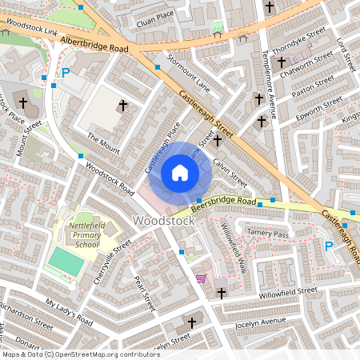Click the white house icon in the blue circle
click(180, 172)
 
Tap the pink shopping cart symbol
click(201, 278)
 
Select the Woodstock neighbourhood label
click(163, 220)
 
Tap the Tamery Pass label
click(266, 233)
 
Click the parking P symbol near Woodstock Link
click(66, 72)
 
